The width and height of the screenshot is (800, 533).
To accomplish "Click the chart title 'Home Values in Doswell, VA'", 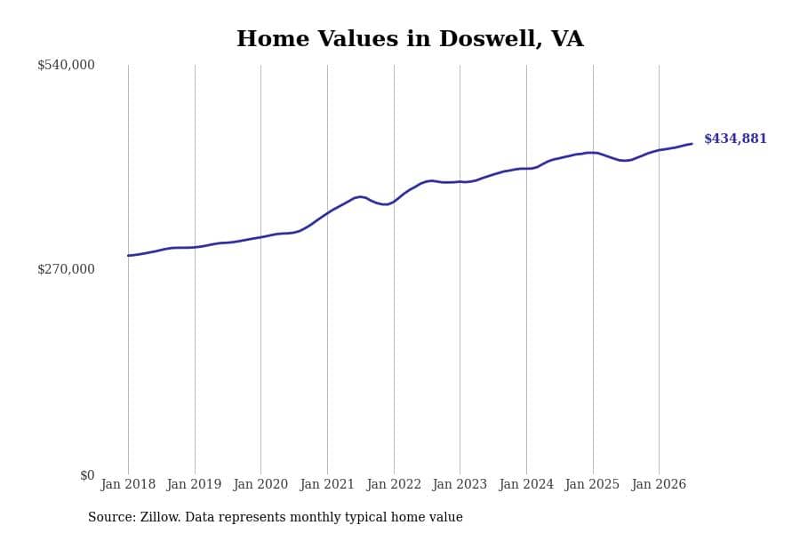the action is click(410, 39).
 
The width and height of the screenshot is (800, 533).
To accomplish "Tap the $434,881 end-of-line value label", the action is click(735, 139).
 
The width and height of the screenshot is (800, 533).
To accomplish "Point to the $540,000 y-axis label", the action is click(66, 65).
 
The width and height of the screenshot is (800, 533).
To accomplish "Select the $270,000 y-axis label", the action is click(66, 269).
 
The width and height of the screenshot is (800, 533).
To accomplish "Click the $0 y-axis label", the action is click(87, 475).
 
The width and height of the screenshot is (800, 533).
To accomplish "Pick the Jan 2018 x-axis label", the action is click(128, 484).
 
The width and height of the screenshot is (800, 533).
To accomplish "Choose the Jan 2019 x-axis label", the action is click(194, 484).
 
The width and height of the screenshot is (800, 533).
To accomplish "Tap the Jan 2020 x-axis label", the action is click(260, 484).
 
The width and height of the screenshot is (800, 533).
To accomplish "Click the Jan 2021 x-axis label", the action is click(327, 484).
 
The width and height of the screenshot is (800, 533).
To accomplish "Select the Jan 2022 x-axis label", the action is click(394, 484).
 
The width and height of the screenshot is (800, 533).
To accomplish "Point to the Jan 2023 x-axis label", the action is click(460, 484).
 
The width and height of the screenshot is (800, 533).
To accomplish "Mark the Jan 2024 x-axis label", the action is click(526, 484).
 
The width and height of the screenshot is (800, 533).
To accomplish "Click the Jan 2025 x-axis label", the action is click(592, 484).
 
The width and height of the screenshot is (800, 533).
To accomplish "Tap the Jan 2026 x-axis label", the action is click(659, 484).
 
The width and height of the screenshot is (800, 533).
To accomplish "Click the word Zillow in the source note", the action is click(160, 517).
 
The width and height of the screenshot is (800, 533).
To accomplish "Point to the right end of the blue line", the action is click(692, 144).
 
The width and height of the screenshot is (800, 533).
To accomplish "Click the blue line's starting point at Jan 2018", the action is click(128, 256).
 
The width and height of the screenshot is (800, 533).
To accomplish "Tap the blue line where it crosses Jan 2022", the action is click(394, 202).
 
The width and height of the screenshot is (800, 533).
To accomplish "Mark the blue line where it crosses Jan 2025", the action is click(593, 153).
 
